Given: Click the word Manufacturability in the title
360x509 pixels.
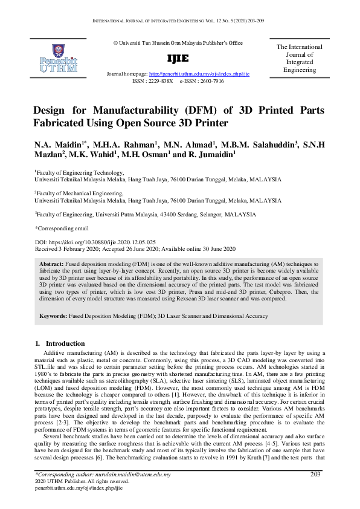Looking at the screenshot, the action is [x=147, y=111].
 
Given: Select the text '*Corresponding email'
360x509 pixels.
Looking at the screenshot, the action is [x=62, y=229].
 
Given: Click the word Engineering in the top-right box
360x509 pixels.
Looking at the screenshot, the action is [x=299, y=70].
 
